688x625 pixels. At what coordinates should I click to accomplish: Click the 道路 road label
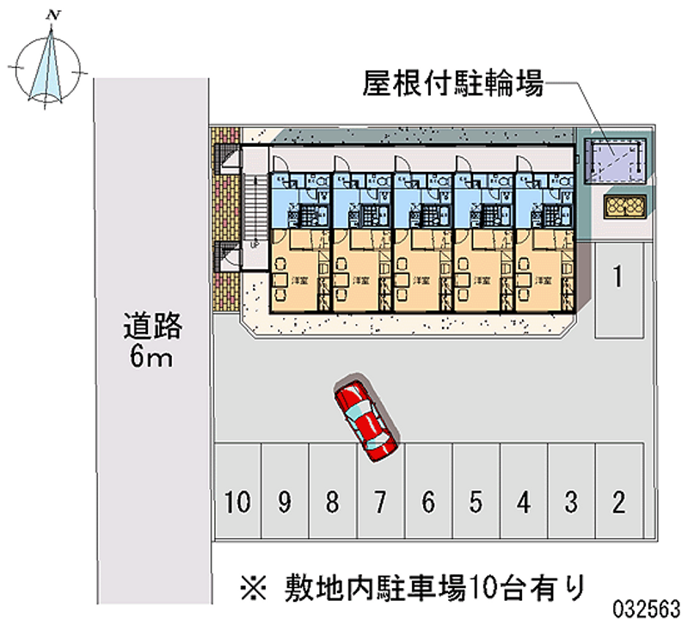153,326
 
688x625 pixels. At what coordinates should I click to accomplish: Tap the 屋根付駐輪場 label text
452,85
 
